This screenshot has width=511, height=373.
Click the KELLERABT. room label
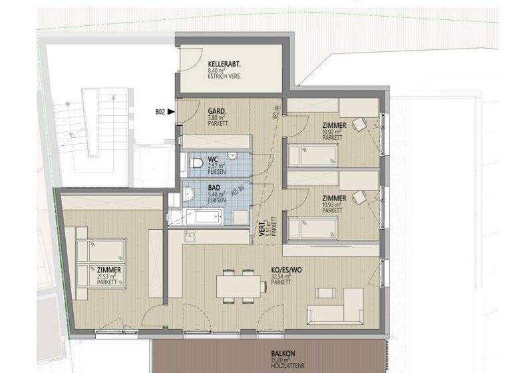pos(224,63)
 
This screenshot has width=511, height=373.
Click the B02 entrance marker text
pos(160,113)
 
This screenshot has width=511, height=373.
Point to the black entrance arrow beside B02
pos(172,113)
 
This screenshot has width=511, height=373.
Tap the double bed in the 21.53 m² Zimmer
pos(102,262)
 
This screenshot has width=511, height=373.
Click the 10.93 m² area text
pos(332,205)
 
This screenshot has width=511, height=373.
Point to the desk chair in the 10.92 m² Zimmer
pos(360,124)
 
